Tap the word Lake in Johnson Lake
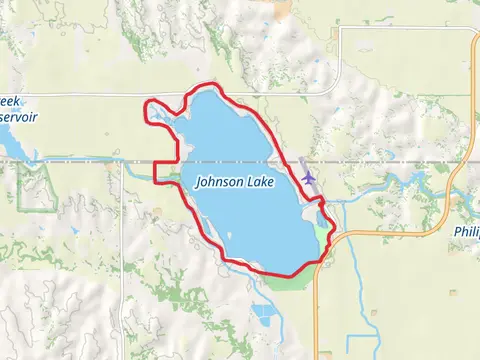point(261,183)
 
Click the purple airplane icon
point(308,176)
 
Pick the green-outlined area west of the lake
point(36,186)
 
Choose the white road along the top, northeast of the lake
point(400,28)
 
